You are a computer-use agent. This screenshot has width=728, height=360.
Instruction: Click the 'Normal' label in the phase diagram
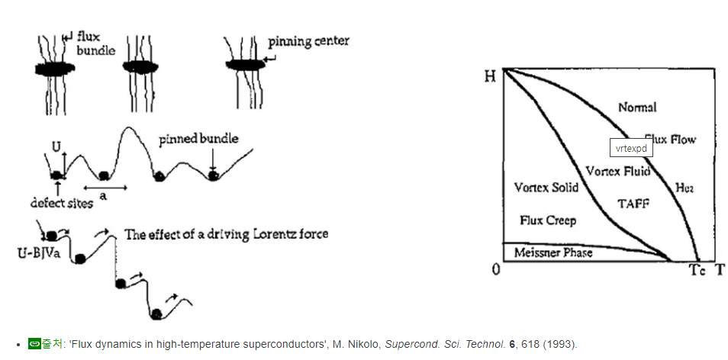(x=636, y=108)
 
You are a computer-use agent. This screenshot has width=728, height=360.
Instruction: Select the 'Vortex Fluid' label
(x=618, y=171)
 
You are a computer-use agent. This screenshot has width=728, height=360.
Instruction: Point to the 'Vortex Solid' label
(x=546, y=188)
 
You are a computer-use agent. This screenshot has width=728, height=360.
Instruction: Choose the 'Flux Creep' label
(x=547, y=220)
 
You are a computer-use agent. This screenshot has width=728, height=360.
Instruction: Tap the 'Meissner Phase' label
(x=553, y=253)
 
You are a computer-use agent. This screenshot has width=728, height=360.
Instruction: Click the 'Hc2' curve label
(x=685, y=188)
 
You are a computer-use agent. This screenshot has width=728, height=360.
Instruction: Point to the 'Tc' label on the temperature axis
(x=697, y=271)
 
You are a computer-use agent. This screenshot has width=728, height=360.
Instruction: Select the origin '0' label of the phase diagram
(x=495, y=271)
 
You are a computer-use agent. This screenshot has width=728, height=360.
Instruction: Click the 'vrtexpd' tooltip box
(x=631, y=148)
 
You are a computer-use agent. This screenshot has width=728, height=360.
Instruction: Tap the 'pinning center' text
(x=308, y=41)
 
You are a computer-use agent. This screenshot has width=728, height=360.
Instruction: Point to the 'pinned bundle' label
(x=198, y=139)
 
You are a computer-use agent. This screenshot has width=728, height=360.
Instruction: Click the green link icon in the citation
(x=34, y=344)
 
